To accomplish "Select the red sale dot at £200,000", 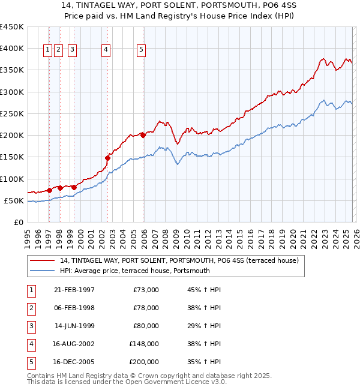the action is pos(143,136).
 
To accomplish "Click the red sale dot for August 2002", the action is pos(108,158).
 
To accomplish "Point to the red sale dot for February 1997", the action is pos(49,191).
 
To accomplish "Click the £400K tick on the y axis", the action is pos(12,48).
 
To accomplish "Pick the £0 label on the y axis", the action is pos(19,223).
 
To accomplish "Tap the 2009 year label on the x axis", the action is pos(176,239).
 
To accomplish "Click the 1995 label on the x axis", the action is pos(28,239).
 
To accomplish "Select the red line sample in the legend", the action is pos(42,260).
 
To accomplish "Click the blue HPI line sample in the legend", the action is pos(42,271).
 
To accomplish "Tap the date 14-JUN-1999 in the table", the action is pos(74,326).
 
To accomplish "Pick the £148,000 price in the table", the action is pos(144,344).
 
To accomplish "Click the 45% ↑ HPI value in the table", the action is pos(204,290).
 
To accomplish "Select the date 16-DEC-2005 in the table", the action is pos(74,362).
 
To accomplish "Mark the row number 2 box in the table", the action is pos(31,308).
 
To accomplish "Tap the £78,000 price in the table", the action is pos(146,308).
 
